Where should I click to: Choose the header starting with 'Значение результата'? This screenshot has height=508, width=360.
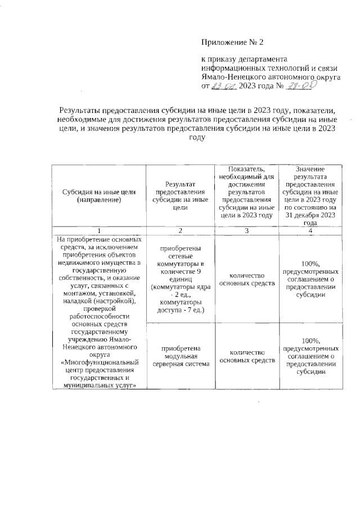pyautogui.click(x=310, y=196)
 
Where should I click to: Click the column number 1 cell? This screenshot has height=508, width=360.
pyautogui.click(x=98, y=230)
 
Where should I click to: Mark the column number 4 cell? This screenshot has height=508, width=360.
pyautogui.click(x=310, y=230)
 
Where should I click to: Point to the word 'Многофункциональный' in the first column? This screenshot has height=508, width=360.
pyautogui.click(x=98, y=363)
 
